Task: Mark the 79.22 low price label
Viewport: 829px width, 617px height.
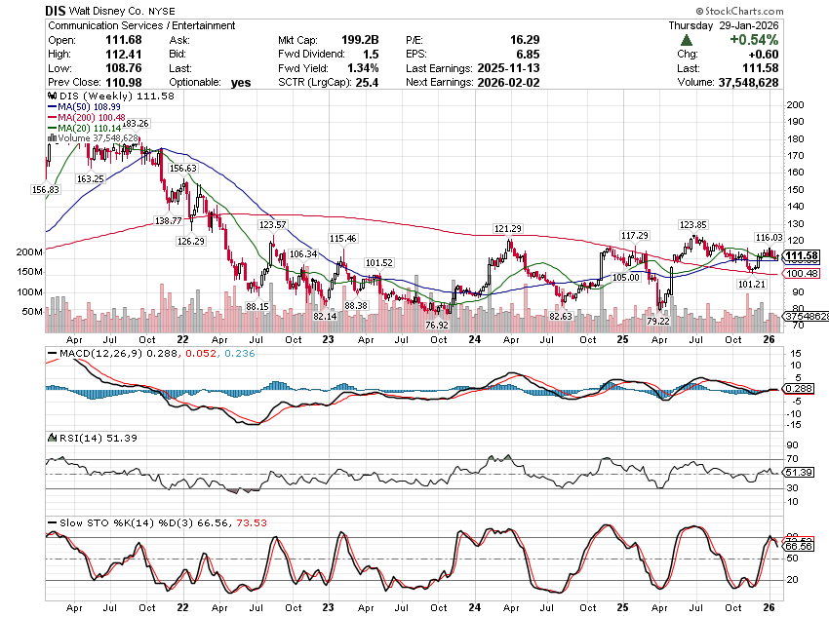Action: coord(658,321)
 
